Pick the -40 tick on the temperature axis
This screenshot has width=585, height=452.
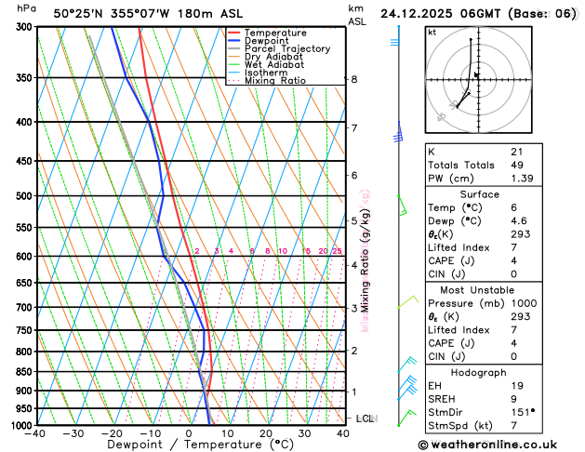coord(36,434)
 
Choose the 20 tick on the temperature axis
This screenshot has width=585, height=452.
coord(266,434)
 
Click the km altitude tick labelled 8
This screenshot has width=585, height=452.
coord(353,80)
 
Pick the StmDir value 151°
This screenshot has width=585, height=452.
coord(523,412)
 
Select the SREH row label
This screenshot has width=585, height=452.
coord(444,399)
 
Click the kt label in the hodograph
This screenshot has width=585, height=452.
coord(432,33)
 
